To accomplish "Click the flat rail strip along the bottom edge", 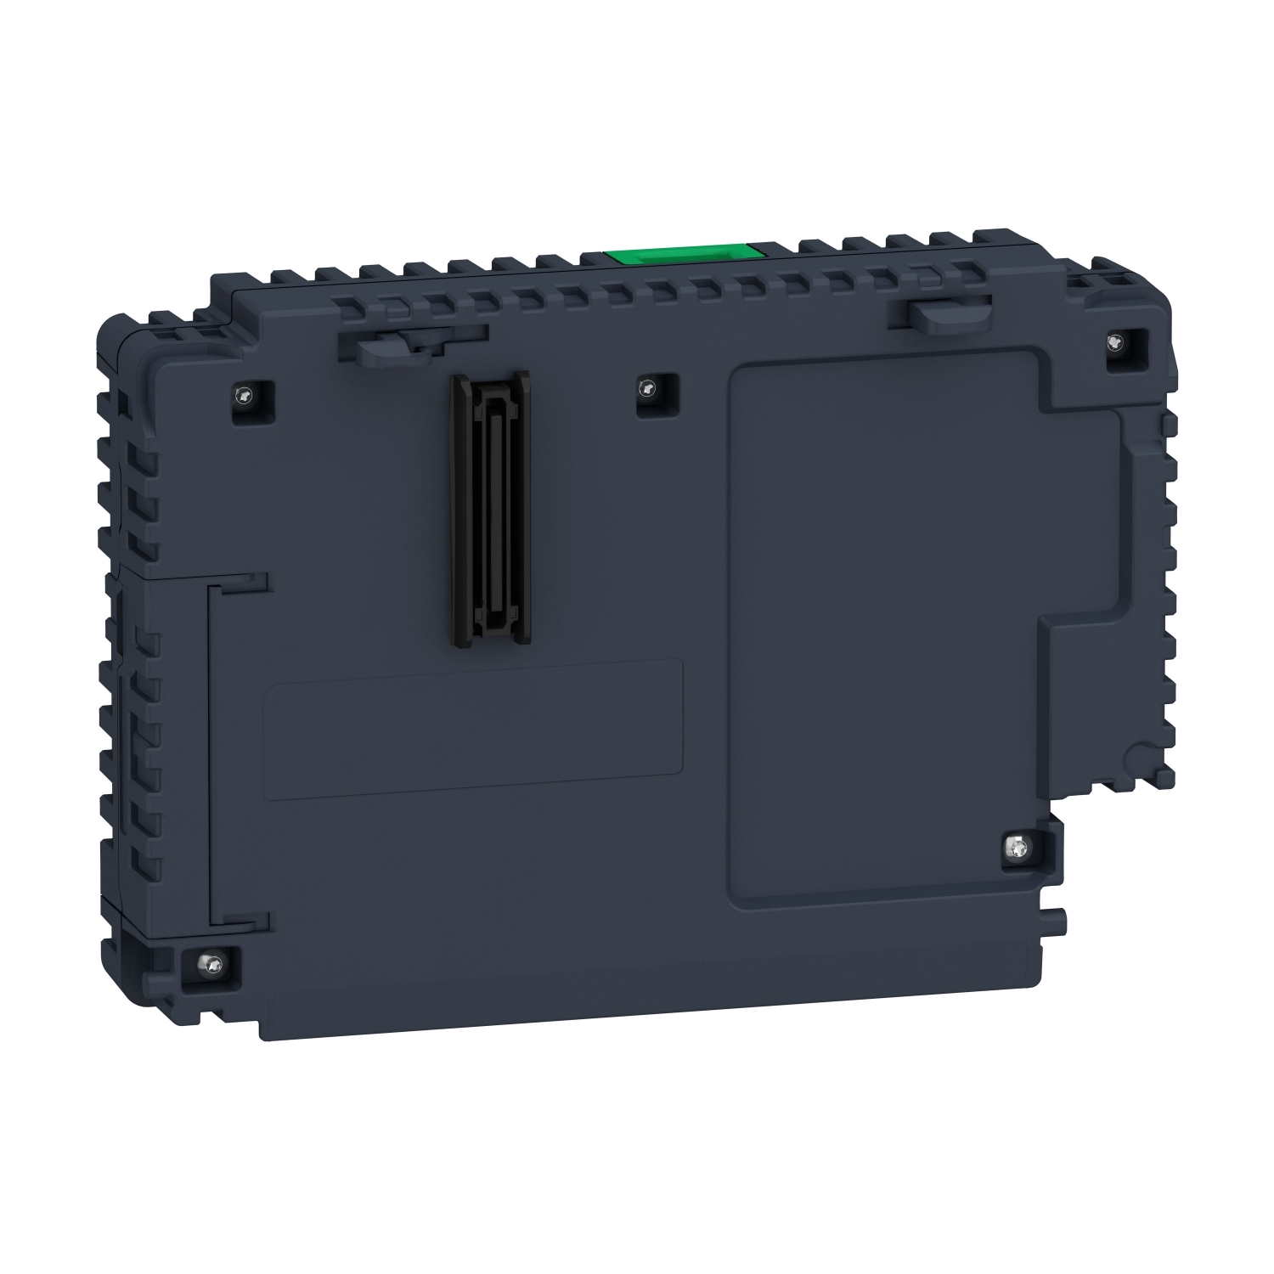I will click(x=654, y=1002).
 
